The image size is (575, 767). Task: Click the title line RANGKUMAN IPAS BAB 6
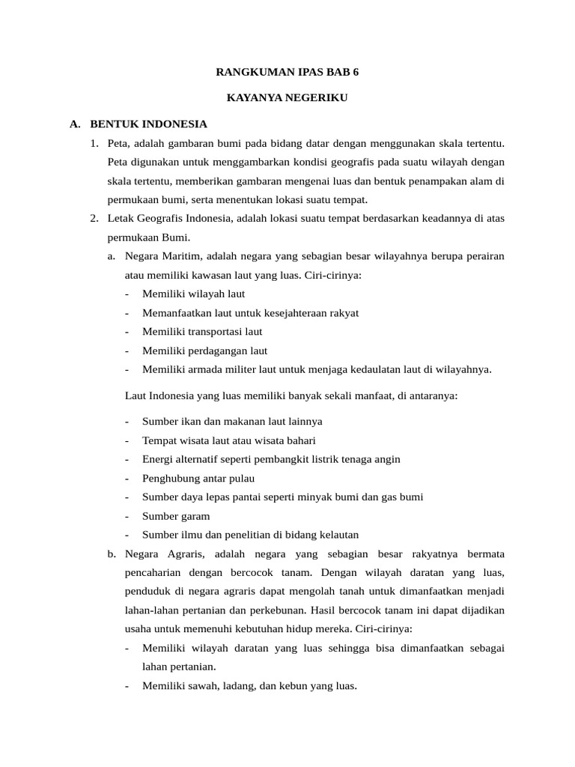(287, 73)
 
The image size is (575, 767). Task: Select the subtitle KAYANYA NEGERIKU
(287, 98)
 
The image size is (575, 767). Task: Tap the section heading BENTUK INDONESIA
(148, 124)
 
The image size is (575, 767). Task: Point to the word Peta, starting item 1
(119, 143)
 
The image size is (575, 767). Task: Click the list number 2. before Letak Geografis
(94, 218)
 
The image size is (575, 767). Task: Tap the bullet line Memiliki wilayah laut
(193, 294)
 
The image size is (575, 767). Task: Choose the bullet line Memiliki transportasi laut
(202, 331)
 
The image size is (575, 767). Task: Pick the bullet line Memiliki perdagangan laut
(204, 351)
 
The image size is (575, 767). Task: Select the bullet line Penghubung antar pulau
(198, 478)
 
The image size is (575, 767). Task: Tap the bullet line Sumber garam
(176, 516)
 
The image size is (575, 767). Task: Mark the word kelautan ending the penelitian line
(338, 535)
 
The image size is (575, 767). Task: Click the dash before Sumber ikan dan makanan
(127, 422)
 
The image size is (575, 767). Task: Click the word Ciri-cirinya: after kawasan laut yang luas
(332, 275)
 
